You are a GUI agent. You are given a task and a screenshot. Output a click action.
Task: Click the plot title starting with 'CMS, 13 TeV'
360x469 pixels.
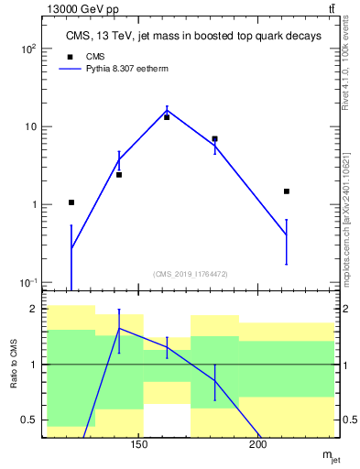point(192,37)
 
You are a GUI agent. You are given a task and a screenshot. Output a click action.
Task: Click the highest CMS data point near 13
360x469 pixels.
point(167,117)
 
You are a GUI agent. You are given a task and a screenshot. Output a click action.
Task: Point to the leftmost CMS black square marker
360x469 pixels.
point(71,202)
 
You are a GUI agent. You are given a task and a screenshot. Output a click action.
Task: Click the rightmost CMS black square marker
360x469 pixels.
point(287,191)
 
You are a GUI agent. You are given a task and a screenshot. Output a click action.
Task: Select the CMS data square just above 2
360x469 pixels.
point(119,174)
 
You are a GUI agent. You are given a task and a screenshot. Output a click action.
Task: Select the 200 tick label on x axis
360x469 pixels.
point(257,446)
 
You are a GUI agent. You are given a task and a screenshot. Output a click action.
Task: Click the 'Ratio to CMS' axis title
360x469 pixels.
point(15,365)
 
